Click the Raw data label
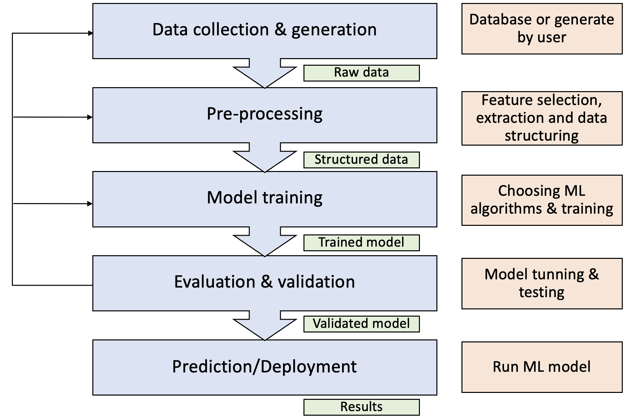coord(361,73)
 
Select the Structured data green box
coord(361,160)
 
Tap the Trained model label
coord(361,243)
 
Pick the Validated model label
coord(361,324)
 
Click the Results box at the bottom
coord(361,407)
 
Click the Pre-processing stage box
coord(265,115)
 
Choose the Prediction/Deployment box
coord(265,367)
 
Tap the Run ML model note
coord(542,367)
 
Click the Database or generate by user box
coord(542,29)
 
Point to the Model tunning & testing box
coord(542,283)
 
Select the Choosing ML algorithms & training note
coord(542,200)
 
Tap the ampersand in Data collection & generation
coord(280,29)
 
